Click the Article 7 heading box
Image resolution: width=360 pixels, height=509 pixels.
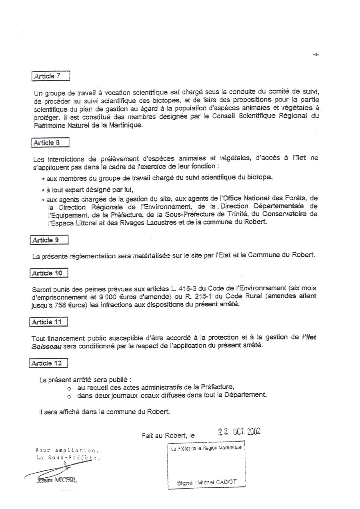[50, 76]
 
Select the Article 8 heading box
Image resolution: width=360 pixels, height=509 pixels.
[50, 142]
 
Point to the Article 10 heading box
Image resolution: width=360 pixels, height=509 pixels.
[49, 273]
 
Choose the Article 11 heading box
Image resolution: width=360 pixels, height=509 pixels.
[49, 321]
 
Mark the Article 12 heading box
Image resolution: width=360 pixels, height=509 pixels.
[49, 363]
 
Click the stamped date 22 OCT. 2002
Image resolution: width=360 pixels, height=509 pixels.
[239, 431]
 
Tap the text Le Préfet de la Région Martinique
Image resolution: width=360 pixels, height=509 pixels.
[206, 448]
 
